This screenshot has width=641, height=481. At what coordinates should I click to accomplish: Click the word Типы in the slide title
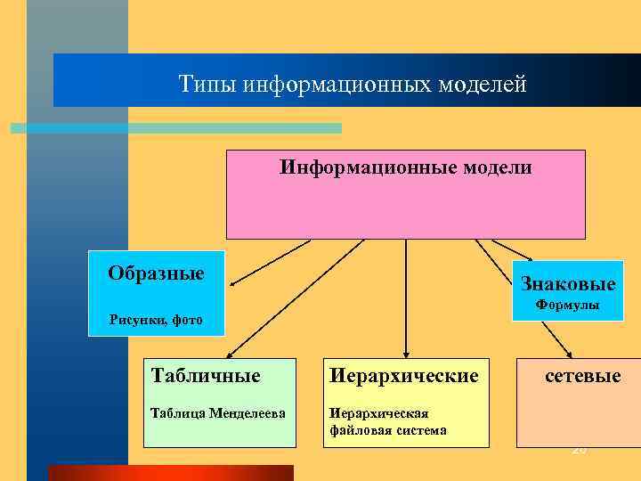[202, 85]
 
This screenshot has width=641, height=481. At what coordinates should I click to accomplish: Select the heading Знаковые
[568, 284]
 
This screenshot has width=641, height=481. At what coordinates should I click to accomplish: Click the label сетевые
[583, 376]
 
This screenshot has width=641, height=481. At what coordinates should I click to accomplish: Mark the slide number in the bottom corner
[580, 452]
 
